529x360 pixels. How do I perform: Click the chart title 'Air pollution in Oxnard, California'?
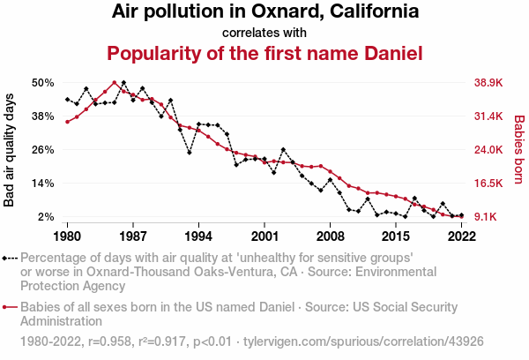pos(264,12)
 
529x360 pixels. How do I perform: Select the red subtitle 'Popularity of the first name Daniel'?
pos(264,53)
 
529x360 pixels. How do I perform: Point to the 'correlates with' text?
pos(264,33)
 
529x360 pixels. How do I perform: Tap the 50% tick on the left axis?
pos(43,83)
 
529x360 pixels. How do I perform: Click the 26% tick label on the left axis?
pos(43,150)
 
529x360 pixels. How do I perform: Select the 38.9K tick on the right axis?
pos(488,83)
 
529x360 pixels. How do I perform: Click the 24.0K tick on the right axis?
pos(488,150)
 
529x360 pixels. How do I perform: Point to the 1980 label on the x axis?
pos(67,236)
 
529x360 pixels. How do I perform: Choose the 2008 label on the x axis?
pos(330,236)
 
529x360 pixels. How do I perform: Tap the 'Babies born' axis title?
pos(519,150)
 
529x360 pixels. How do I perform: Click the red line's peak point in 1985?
pos(114,83)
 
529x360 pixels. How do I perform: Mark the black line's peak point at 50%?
pos(123,83)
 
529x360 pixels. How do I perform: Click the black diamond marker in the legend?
pos(6,259)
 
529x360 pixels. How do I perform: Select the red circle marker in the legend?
pos(6,307)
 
